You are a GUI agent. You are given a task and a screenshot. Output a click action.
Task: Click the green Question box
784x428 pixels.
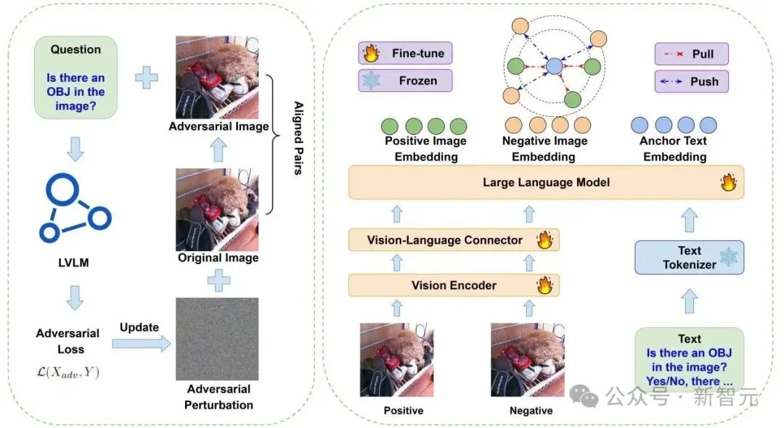[75, 78]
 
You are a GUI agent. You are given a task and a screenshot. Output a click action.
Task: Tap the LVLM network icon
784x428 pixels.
[75, 207]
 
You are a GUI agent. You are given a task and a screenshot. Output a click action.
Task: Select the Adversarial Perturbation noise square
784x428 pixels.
[217, 339]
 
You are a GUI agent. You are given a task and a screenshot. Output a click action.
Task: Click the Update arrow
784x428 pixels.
[142, 344]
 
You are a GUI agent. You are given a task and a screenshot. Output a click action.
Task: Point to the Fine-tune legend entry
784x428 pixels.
[405, 53]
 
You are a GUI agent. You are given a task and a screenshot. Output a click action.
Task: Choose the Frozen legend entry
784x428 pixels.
[405, 81]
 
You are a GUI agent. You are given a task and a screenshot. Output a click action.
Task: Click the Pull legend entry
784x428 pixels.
[692, 54]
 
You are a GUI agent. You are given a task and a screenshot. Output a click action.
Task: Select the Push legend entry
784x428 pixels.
[692, 81]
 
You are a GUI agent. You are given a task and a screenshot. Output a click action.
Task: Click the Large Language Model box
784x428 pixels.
[546, 182]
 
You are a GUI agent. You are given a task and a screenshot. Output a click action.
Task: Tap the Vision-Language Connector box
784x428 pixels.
[454, 240]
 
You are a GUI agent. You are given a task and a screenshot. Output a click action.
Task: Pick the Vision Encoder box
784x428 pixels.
[454, 285]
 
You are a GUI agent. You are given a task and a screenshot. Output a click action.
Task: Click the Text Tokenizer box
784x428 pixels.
[689, 258]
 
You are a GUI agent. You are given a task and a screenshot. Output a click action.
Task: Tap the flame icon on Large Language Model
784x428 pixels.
[729, 182]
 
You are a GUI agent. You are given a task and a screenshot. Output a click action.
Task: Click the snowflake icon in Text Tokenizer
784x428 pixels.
[729, 258]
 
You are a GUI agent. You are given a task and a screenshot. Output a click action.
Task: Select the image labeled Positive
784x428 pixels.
[397, 360]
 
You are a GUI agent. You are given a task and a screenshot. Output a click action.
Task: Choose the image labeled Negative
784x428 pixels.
[528, 360]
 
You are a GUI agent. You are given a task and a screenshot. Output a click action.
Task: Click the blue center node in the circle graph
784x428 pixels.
[554, 66]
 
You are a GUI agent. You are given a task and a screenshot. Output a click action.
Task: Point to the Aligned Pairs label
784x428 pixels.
[298, 138]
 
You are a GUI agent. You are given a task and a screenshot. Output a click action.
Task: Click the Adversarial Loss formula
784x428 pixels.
[68, 372]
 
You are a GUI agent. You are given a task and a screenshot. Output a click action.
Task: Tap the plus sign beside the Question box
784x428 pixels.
[147, 78]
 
